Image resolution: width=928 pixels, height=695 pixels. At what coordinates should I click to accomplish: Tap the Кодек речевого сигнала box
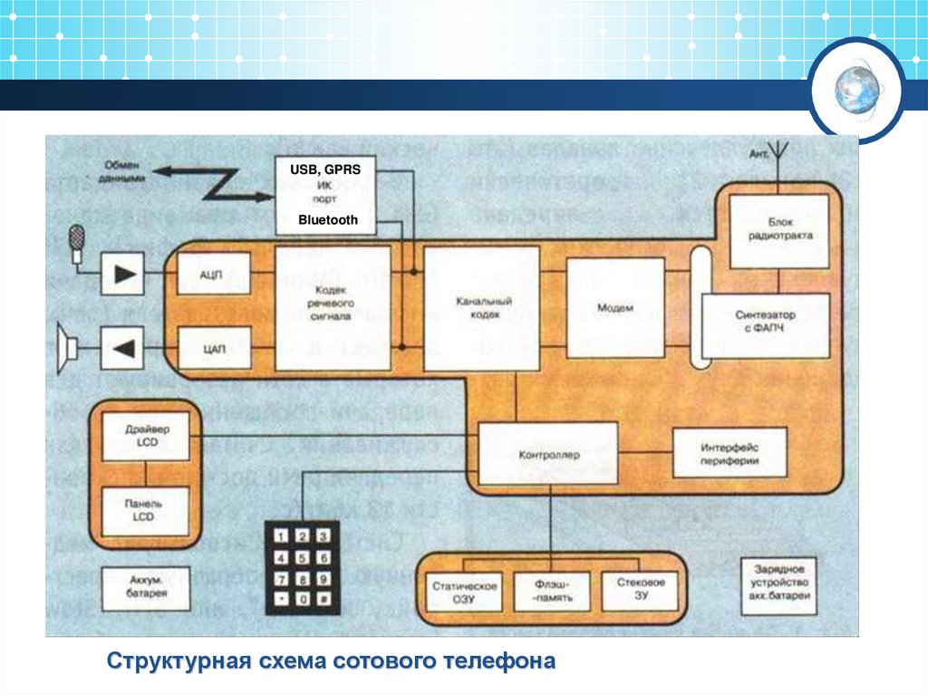pyautogui.click(x=333, y=307)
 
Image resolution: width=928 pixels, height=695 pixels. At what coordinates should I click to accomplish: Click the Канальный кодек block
pyautogui.click(x=481, y=308)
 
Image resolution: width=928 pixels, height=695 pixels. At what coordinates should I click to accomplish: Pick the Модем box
pyautogui.click(x=615, y=307)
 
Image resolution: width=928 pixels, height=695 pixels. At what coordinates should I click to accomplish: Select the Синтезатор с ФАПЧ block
pyautogui.click(x=766, y=324)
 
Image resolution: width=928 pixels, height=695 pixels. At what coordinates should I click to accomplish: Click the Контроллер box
pyautogui.click(x=548, y=452)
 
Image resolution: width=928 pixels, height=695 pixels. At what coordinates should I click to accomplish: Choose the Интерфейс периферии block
pyautogui.click(x=730, y=453)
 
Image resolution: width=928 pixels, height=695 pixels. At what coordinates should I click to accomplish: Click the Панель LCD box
pyautogui.click(x=145, y=512)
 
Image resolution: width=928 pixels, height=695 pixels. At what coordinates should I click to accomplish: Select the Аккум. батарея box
pyautogui.click(x=145, y=590)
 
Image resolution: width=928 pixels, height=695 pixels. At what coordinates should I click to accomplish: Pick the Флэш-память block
pyautogui.click(x=551, y=592)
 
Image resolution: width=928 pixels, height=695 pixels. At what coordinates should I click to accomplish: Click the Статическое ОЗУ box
pyautogui.click(x=463, y=592)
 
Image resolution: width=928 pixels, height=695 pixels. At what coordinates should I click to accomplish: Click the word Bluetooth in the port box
pyautogui.click(x=327, y=220)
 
